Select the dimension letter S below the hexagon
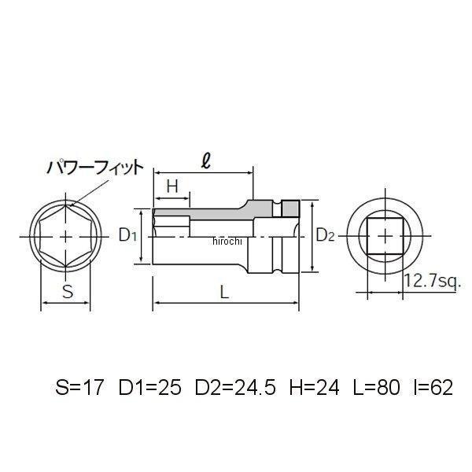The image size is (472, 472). coord(68,292)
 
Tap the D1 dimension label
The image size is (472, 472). coord(128,235)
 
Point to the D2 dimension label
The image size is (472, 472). coord(326,235)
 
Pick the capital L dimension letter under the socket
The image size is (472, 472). coord(225,291)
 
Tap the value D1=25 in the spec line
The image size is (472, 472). coord(150,388)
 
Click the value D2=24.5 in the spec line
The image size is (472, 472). coord(234,388)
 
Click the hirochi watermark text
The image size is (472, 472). coord(230,242)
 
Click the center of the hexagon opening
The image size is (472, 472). coord(67,235)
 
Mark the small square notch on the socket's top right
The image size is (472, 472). coord(291,208)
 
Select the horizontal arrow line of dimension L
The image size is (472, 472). coord(227,304)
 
